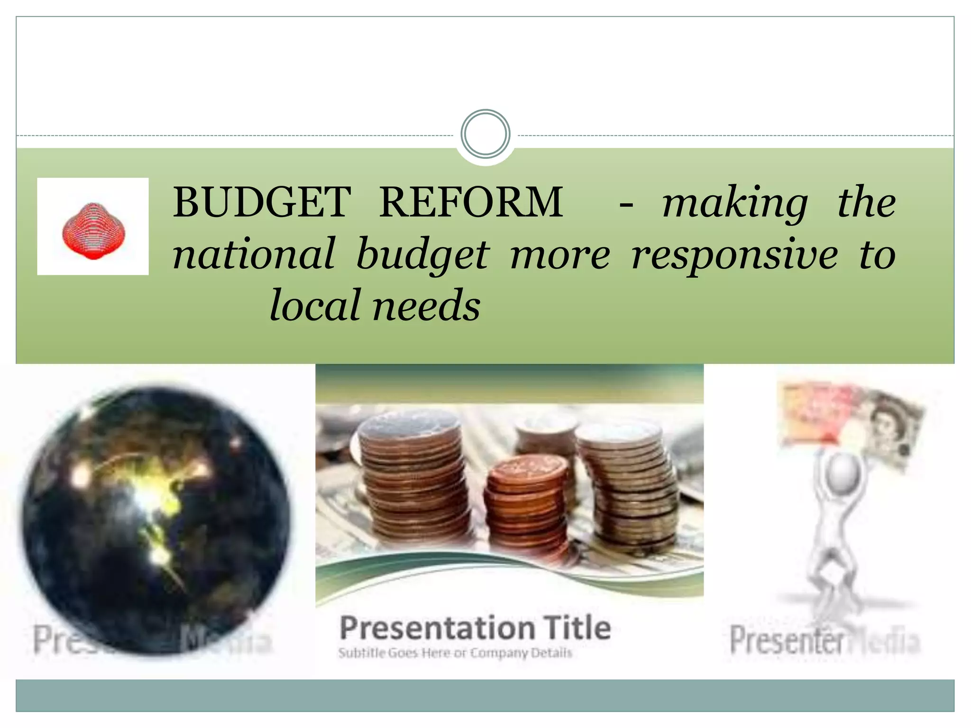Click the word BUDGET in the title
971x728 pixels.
coord(262,203)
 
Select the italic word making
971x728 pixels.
coord(734,204)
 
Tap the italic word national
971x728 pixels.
coord(254,255)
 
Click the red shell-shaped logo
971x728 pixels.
coord(93,231)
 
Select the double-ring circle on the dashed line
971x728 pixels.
coord(485,134)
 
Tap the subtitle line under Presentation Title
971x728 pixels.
coord(455,653)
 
